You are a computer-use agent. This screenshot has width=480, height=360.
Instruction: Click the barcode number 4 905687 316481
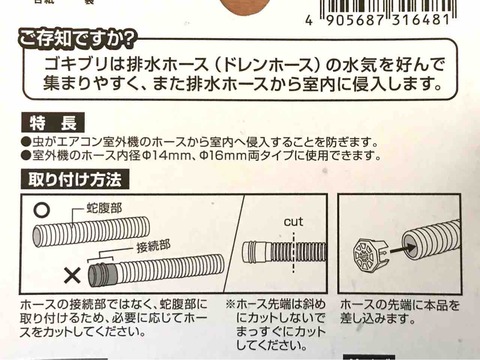378,20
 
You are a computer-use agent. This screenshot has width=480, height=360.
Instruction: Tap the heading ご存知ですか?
77,39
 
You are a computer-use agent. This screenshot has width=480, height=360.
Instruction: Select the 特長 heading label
53,122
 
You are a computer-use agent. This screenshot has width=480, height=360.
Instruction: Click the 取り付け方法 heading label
75,179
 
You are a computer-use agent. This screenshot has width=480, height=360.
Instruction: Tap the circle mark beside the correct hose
43,210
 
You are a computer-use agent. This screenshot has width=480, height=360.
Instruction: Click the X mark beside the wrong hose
72,276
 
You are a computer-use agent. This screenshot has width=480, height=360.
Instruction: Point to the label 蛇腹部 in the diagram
104,209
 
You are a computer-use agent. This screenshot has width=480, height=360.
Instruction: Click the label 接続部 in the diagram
153,246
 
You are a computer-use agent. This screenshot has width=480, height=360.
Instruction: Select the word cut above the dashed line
293,222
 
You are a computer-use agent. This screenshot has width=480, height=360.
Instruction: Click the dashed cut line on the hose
293,252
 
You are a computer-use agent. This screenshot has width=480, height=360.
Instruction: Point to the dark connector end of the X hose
101,273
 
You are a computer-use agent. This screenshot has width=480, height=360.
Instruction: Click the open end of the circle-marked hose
38,236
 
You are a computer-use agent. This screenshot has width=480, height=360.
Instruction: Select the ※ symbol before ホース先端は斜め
230,304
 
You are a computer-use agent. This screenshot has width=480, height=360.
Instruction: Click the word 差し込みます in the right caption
377,318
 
